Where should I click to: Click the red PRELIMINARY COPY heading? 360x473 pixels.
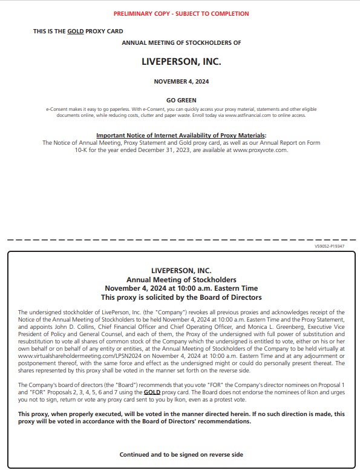(x=181, y=13)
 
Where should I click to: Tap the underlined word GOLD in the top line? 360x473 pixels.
(x=76, y=31)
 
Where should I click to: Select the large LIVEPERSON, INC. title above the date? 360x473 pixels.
(x=181, y=62)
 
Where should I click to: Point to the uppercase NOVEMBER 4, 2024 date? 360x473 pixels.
(x=181, y=82)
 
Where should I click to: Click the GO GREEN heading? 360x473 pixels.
(x=181, y=100)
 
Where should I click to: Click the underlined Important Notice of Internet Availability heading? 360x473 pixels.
(x=181, y=135)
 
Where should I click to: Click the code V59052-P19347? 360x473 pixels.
(x=330, y=246)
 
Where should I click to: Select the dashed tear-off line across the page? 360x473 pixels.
(x=181, y=240)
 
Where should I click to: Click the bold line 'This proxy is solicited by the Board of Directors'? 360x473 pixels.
(x=181, y=297)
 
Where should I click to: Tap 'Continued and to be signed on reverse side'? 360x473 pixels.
(x=181, y=454)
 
